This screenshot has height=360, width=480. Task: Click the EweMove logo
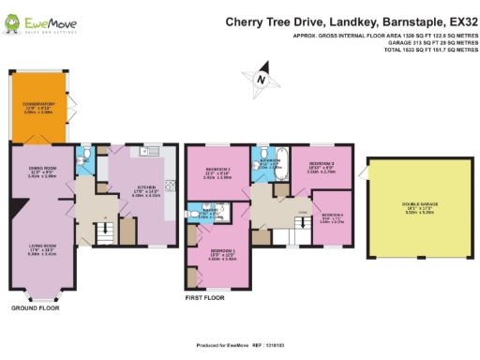[x=32, y=22]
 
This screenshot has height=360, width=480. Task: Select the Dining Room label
[x=39, y=172]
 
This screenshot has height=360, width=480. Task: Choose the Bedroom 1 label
[x=221, y=254]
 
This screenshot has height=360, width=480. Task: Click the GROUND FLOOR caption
[x=35, y=307]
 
